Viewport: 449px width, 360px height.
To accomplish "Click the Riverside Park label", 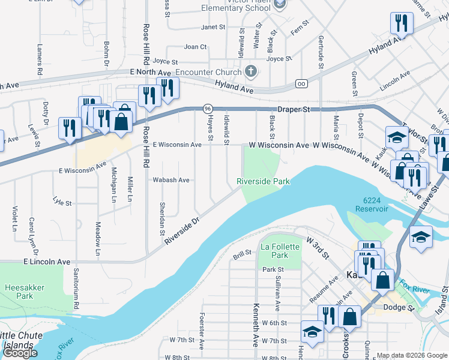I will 263,181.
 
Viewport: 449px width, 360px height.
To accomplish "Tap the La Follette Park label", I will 274,251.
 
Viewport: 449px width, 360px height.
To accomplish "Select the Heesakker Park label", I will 25,292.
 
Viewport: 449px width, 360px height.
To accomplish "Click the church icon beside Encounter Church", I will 252,71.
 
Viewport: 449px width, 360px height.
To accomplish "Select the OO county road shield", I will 300,83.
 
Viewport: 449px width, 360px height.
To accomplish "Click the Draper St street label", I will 293,110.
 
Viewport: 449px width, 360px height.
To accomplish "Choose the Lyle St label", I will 62,202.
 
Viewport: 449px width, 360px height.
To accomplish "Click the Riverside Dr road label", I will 181,231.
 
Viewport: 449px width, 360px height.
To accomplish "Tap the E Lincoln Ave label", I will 47,262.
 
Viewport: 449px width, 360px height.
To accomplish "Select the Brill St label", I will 241,256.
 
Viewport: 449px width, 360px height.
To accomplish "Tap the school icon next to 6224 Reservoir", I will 421,236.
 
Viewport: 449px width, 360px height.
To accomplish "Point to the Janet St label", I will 213,27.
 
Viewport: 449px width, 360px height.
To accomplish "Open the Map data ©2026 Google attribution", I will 412,355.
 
